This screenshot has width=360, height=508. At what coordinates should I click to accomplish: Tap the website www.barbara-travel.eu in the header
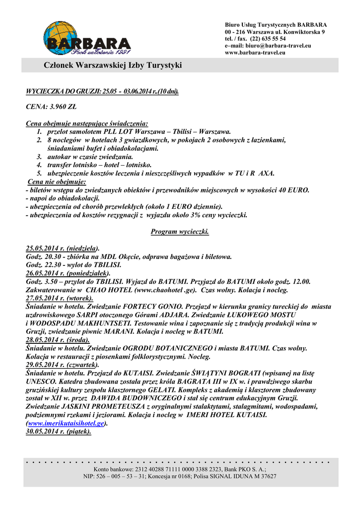coord(255,53)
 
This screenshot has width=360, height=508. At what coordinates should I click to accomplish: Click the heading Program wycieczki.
coord(179,232)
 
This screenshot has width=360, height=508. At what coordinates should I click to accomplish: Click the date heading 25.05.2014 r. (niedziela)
coord(62,248)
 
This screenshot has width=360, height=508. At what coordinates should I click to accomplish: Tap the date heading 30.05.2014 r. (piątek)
coord(58,432)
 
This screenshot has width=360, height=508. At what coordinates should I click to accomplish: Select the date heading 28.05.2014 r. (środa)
coord(58,340)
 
